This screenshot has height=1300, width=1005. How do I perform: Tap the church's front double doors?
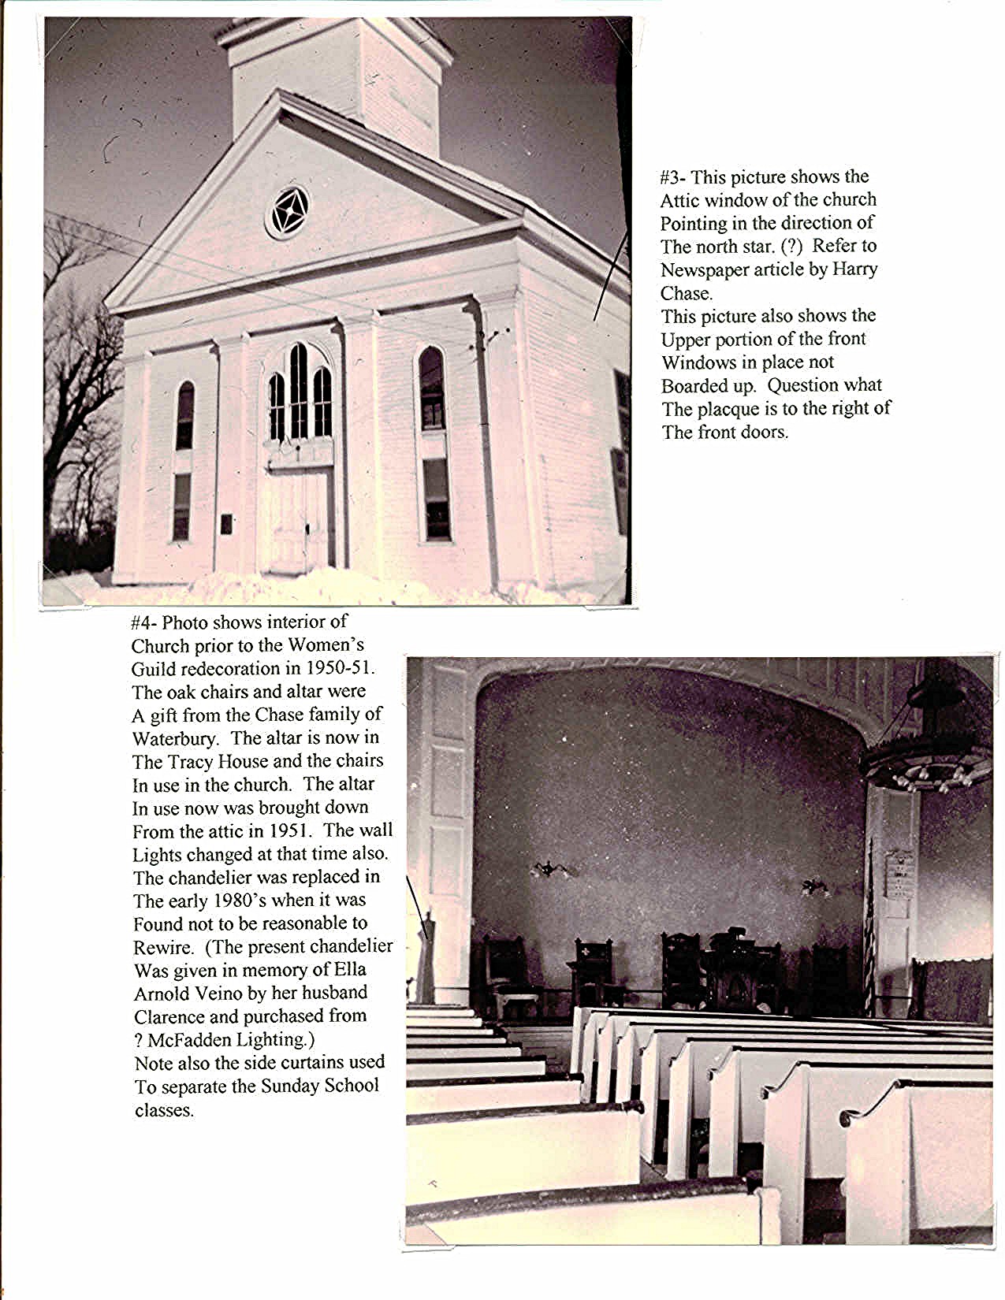coord(300,520)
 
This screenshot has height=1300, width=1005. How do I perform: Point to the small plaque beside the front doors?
coord(227,523)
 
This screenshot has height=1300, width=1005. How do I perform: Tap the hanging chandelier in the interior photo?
coord(927,756)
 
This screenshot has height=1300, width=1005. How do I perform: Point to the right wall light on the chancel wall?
coord(815,887)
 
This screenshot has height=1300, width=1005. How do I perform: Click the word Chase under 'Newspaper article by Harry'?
coord(686,293)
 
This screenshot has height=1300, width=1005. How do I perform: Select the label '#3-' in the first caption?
coord(673,176)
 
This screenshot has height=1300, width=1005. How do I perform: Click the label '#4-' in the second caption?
coord(144,622)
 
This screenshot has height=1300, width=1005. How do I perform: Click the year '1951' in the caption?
coord(292,830)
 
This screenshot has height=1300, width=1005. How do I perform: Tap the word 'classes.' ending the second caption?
coord(164,1110)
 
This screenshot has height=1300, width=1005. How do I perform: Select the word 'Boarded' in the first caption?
coord(694,385)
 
